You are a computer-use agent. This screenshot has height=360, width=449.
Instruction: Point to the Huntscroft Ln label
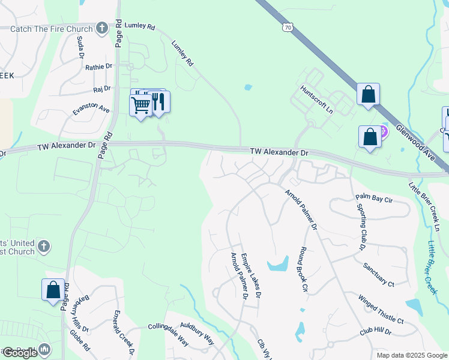(x=317, y=100)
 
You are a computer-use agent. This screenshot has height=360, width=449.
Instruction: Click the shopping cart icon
(x=140, y=105)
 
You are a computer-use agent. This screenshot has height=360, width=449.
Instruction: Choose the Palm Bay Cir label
(x=373, y=197)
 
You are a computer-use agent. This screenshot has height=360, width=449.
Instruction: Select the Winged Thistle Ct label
(x=381, y=309)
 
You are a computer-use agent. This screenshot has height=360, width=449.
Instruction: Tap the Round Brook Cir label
(x=304, y=269)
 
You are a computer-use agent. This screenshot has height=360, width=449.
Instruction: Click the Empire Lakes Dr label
(x=251, y=275)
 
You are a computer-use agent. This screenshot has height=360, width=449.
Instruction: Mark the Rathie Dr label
(x=98, y=67)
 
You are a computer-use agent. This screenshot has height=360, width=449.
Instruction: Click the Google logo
(x=20, y=353)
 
